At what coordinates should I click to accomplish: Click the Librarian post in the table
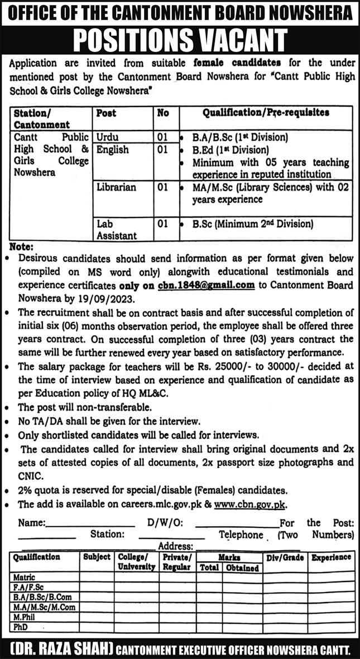pyautogui.click(x=116, y=187)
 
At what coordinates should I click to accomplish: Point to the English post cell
pyautogui.click(x=112, y=150)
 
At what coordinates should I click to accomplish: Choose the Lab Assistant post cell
pyautogui.click(x=116, y=230)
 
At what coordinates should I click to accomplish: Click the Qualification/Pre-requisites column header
pyautogui.click(x=266, y=113)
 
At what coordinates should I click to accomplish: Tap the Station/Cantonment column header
pyautogui.click(x=42, y=118)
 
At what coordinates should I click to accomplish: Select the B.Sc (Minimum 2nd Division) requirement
pyautogui.click(x=253, y=224)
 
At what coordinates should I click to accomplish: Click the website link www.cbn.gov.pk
pyautogui.click(x=254, y=504)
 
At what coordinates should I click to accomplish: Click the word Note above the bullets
pyautogui.click(x=21, y=247)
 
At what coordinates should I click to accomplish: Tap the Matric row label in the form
pyautogui.click(x=25, y=577)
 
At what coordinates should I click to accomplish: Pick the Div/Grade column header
pyautogui.click(x=285, y=557)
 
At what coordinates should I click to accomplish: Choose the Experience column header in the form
pyautogui.click(x=331, y=557)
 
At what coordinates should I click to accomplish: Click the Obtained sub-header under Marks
pyautogui.click(x=242, y=567)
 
